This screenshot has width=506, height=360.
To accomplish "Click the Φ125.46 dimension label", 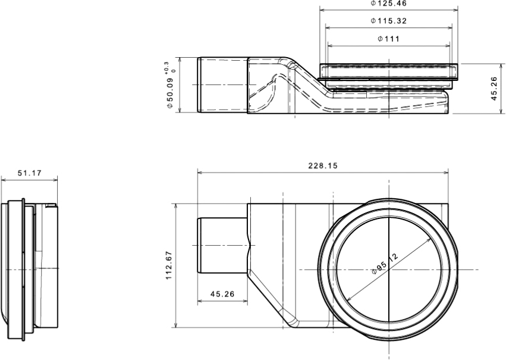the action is (x=388, y=4).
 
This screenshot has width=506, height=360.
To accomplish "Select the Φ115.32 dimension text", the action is (x=388, y=21).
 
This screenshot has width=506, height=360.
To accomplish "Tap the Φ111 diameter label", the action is (x=388, y=39).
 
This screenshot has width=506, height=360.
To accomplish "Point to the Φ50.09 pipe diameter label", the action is (x=170, y=93).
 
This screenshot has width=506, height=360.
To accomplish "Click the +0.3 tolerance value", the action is (x=166, y=67).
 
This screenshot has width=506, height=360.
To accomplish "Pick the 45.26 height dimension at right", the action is (x=494, y=89).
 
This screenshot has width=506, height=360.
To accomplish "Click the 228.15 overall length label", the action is (x=323, y=166).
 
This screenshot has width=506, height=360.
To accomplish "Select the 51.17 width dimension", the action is (x=29, y=173).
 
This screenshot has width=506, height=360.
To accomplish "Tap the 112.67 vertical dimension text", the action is (x=169, y=265).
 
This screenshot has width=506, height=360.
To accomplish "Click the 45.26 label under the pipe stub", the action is (x=222, y=294).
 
